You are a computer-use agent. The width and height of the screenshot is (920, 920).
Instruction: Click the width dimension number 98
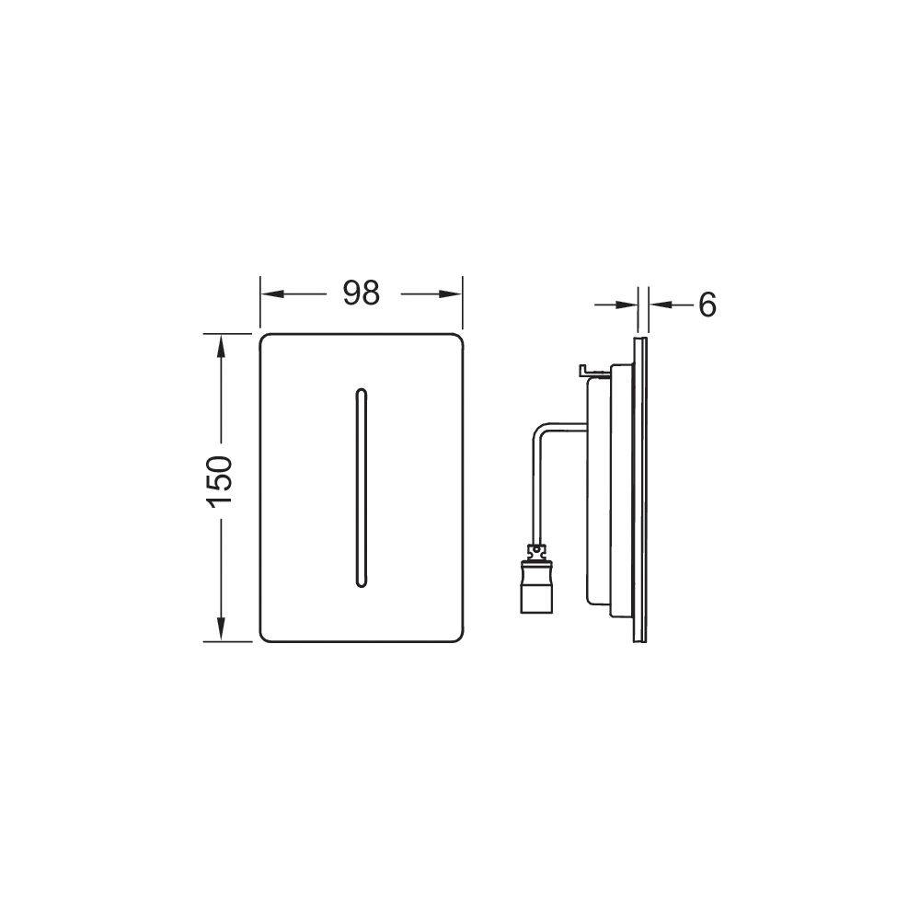click(x=362, y=293)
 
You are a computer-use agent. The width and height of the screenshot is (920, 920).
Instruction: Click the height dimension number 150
click(x=220, y=481)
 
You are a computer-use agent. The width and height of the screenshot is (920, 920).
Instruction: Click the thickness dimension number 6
click(x=707, y=305)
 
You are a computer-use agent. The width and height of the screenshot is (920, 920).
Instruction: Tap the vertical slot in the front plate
click(x=361, y=488)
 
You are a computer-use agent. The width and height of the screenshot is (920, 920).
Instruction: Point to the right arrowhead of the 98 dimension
click(x=450, y=293)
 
